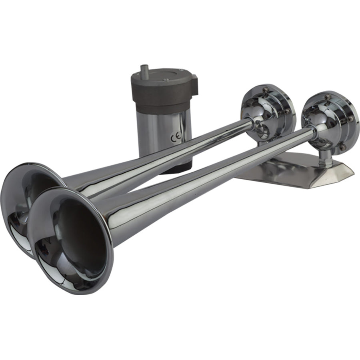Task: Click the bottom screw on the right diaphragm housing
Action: tap(342, 148)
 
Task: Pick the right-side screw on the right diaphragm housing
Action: tap(350, 119)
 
